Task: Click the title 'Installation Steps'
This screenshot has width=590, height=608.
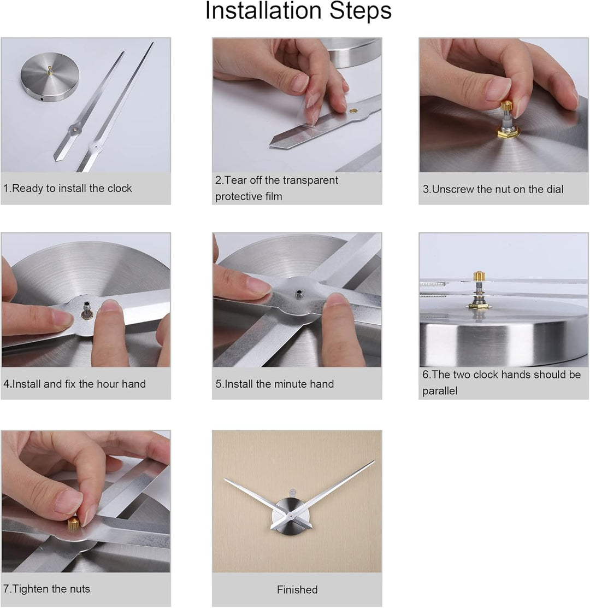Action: (298, 11)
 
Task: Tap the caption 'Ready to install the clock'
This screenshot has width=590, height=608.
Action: (68, 189)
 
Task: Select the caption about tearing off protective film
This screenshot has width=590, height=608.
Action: (276, 188)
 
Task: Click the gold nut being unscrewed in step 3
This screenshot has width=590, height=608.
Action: (507, 106)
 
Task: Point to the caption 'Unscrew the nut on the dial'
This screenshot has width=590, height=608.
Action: (493, 190)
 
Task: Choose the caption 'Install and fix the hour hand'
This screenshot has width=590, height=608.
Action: (75, 384)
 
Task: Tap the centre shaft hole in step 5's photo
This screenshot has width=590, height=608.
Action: (299, 295)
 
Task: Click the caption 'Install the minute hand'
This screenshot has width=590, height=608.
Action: (275, 384)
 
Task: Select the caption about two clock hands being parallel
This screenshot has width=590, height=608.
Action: (501, 383)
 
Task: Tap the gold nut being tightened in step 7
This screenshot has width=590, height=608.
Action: (73, 524)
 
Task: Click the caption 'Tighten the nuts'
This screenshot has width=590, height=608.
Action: (47, 589)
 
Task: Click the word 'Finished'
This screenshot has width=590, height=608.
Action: (297, 590)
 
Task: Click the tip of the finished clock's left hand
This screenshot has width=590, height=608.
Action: (225, 480)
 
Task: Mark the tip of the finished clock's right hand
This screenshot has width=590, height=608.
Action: (374, 461)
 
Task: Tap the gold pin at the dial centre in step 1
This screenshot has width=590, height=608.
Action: (50, 69)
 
